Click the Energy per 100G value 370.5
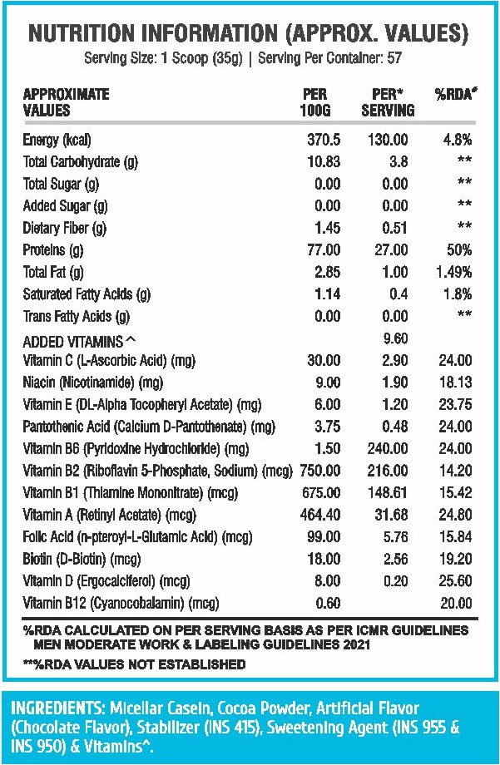coord(324,140)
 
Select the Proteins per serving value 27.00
coord(391,250)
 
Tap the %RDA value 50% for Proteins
coord(459,250)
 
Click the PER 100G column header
coord(315,102)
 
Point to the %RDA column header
coord(456,94)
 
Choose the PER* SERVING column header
coord(389,102)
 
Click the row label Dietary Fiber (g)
coord(64,229)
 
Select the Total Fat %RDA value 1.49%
coord(454,272)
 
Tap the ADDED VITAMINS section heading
coord(80,341)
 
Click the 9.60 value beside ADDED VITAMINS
coord(395,338)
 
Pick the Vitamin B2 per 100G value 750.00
coord(320,471)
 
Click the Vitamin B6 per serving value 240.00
coord(388,448)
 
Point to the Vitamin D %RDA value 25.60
coord(456,581)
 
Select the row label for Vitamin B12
coord(121,604)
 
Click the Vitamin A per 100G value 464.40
coord(320,515)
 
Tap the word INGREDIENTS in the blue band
coord(57,708)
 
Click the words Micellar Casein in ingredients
coord(161,708)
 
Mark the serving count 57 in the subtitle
coord(394,58)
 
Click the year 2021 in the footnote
coord(356,644)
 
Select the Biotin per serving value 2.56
coord(395,559)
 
